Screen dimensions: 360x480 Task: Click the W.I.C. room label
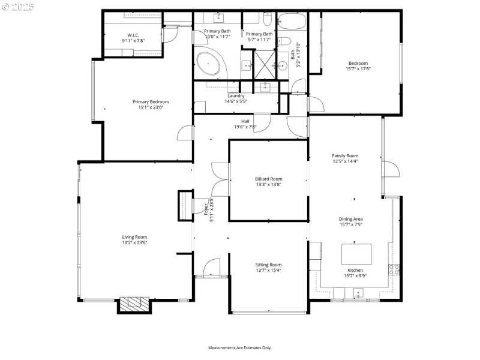(x=133, y=35)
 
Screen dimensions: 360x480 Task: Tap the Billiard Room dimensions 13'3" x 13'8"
(x=268, y=184)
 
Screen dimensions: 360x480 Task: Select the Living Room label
(x=135, y=237)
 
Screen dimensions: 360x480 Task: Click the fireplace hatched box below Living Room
(x=133, y=304)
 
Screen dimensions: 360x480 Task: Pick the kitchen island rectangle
(x=357, y=254)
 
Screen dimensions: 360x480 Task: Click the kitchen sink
(x=358, y=293)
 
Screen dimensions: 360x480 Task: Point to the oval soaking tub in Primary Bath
(x=209, y=64)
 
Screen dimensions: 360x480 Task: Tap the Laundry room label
(x=236, y=96)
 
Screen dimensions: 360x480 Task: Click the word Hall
(x=245, y=121)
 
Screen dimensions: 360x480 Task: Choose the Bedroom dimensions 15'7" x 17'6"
(x=358, y=68)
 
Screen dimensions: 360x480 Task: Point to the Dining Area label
(x=350, y=219)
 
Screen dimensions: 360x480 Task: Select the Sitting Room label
(x=268, y=265)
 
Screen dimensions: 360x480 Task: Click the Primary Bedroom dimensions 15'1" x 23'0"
(x=151, y=107)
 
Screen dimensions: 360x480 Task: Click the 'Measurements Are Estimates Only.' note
(x=240, y=347)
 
